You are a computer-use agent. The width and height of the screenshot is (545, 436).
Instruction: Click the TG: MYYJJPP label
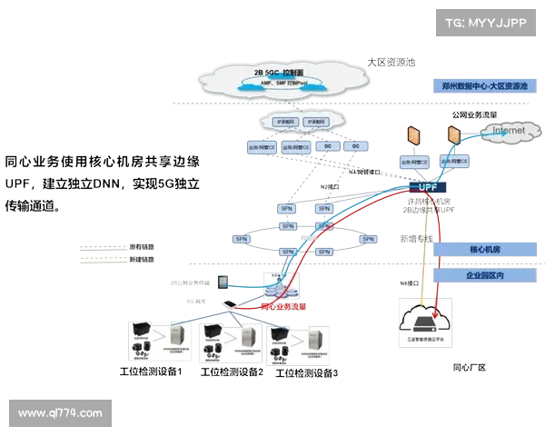(482, 22)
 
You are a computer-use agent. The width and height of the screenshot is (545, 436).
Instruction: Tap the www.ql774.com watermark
(60, 413)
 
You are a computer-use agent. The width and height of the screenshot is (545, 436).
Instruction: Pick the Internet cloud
(508, 132)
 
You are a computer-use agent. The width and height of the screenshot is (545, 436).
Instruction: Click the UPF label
(429, 188)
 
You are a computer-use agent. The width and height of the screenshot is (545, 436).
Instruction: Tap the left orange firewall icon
(414, 134)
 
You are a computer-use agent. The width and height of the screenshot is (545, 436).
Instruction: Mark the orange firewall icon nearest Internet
(452, 134)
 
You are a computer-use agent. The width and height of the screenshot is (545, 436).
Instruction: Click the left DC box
(327, 145)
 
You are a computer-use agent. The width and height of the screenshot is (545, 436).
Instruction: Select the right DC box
(356, 145)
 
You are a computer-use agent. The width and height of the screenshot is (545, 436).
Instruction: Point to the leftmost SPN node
(241, 240)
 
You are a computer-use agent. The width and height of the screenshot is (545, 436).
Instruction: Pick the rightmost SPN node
(367, 240)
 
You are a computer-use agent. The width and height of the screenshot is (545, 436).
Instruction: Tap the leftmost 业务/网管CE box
(255, 145)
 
